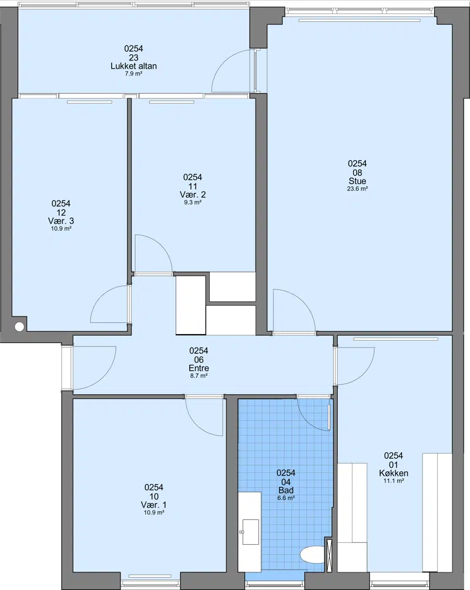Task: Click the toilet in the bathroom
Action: click(313, 555)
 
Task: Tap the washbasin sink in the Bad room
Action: click(250, 532)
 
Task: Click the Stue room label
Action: click(357, 181)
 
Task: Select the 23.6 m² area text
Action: click(357, 189)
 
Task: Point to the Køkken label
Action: click(394, 473)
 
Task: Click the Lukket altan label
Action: click(133, 66)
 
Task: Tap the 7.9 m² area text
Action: click(133, 74)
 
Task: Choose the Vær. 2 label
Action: click(192, 195)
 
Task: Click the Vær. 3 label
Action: click(61, 221)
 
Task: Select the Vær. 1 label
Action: click(154, 505)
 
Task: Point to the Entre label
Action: click(199, 368)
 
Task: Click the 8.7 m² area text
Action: click(199, 375)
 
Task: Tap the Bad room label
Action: click(286, 490)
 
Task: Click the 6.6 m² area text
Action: click(286, 498)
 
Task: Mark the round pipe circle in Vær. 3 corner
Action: click(19, 326)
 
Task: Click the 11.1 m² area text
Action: click(394, 481)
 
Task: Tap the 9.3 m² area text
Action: click(192, 202)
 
